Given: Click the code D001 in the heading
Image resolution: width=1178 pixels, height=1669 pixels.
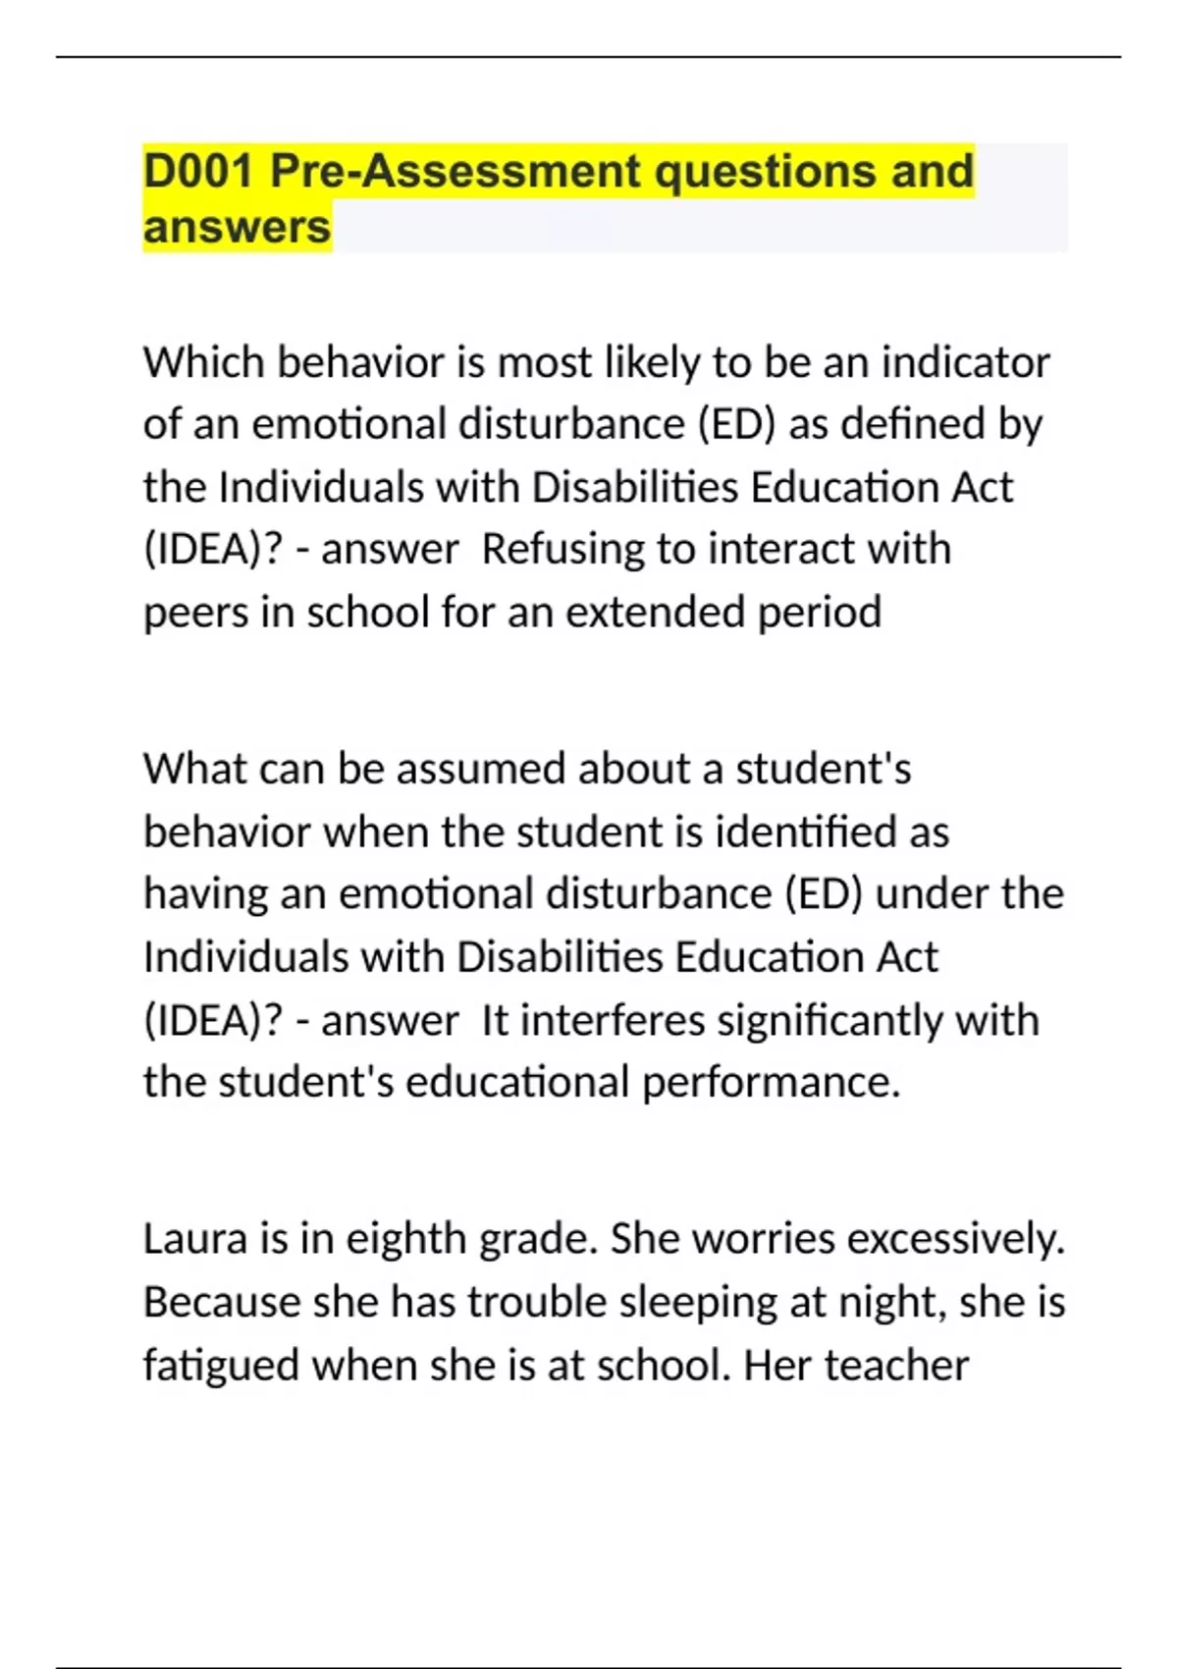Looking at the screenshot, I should (199, 172).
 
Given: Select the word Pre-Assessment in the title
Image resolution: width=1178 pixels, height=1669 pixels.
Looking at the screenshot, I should (455, 172).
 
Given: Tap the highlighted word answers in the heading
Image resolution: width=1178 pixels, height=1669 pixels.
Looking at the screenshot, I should (237, 228).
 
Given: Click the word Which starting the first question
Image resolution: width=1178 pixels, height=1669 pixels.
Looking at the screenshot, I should (203, 363).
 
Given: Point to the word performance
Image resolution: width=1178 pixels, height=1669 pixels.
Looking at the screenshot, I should (771, 1084).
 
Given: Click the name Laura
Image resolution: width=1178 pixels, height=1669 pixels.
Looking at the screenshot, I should (195, 1239).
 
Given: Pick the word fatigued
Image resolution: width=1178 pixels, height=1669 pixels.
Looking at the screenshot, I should (221, 1367).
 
